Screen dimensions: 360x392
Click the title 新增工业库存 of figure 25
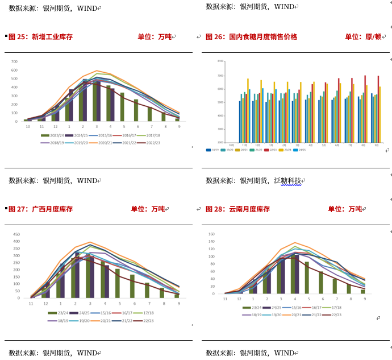pos(52,37)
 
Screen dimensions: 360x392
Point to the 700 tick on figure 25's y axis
pos(14,61)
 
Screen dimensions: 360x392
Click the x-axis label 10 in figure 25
pos(27,126)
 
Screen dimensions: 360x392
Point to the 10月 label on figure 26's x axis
pos(231,144)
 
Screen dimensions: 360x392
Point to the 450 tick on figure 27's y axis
pos(16,234)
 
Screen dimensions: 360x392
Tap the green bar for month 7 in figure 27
pos(147,291)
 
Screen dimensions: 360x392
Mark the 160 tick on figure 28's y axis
pos(211,234)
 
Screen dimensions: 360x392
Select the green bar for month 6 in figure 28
pos(320,282)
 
